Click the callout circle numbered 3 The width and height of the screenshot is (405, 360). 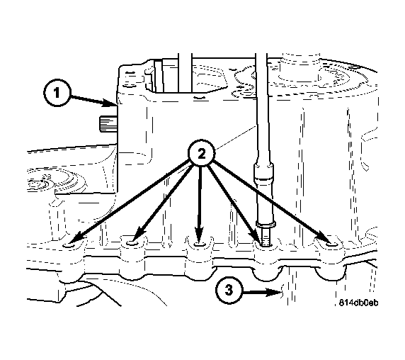pyautogui.click(x=227, y=291)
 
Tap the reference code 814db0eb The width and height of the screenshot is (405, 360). pyautogui.click(x=358, y=303)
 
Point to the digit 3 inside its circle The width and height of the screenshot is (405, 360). pyautogui.click(x=227, y=291)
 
